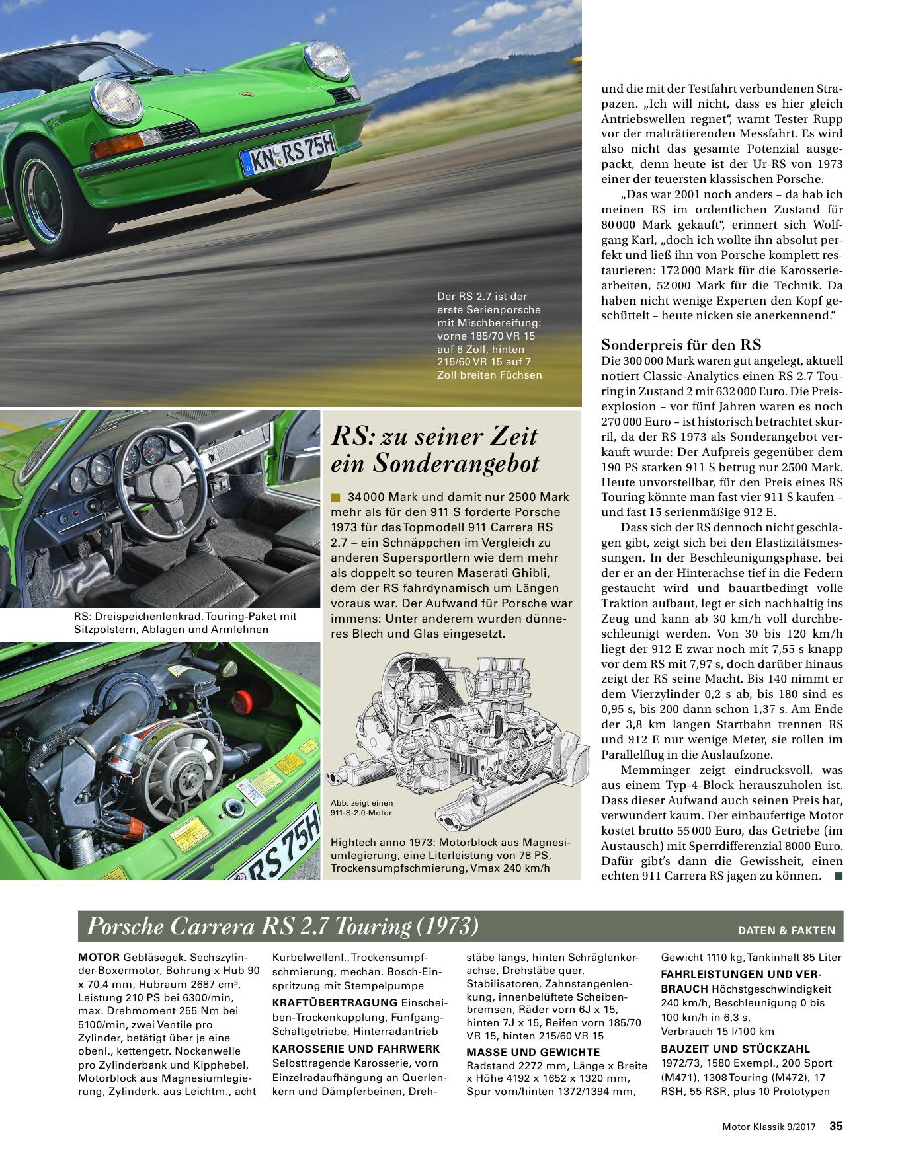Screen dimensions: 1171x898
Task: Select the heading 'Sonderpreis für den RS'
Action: pyautogui.click(x=681, y=344)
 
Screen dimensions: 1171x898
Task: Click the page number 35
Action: pyautogui.click(x=836, y=1127)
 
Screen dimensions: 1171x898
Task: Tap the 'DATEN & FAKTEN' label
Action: pyautogui.click(x=786, y=930)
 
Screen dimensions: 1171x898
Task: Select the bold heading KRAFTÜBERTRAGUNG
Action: pyautogui.click(x=335, y=1002)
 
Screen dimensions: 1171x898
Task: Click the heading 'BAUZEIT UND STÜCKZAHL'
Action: pyautogui.click(x=735, y=1049)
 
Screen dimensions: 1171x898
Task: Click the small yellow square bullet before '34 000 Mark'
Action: pyautogui.click(x=335, y=497)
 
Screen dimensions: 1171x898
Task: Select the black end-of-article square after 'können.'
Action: pyautogui.click(x=838, y=876)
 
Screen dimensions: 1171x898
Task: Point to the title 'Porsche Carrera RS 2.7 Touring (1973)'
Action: pyautogui.click(x=282, y=927)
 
